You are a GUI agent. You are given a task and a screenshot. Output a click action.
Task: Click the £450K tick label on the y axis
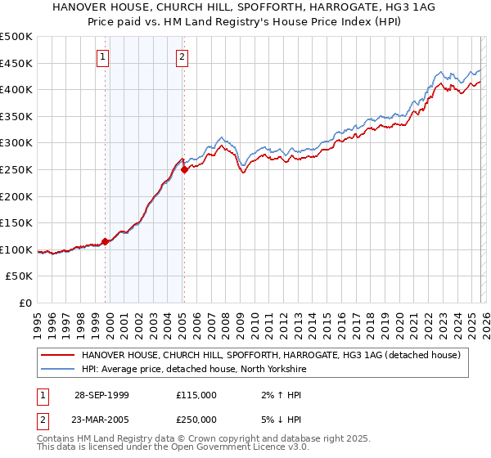pyautogui.click(x=16, y=63)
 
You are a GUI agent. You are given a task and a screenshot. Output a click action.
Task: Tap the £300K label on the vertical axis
pyautogui.click(x=16, y=143)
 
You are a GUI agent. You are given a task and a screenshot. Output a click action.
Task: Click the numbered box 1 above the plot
pyautogui.click(x=103, y=56)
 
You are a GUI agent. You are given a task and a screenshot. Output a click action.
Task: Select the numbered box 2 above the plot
pyautogui.click(x=182, y=56)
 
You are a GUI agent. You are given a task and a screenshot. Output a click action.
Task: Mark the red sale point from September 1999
pyautogui.click(x=106, y=241)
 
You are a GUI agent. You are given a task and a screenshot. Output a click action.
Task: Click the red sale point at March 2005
pyautogui.click(x=185, y=169)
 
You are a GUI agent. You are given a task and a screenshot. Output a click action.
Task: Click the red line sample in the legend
pyautogui.click(x=57, y=355)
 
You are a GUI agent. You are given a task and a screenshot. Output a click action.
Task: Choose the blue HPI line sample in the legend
pyautogui.click(x=57, y=369)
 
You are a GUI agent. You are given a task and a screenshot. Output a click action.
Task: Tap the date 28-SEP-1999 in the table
pyautogui.click(x=101, y=395)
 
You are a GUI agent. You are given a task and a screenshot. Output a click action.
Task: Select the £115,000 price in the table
pyautogui.click(x=196, y=395)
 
